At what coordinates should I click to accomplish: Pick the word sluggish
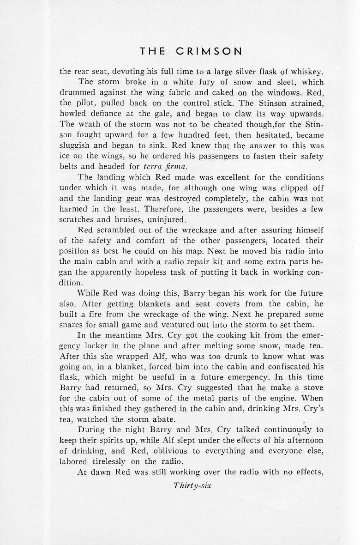[x=76, y=146]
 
